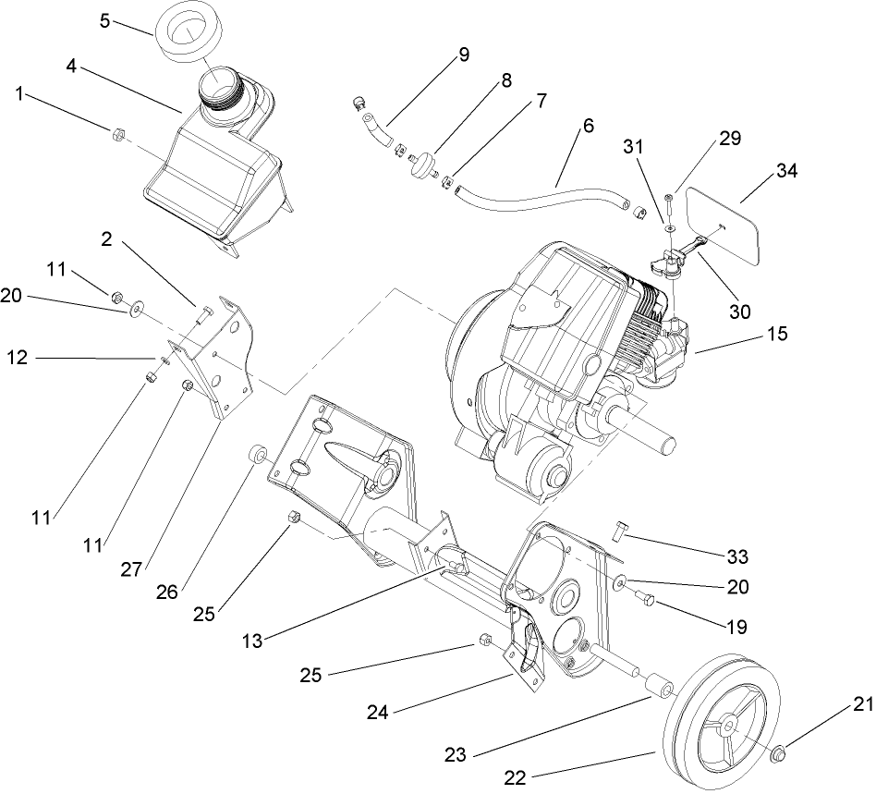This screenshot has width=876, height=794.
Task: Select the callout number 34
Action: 786,171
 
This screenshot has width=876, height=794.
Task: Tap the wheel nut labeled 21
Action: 779,754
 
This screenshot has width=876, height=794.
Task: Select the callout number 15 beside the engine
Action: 777,334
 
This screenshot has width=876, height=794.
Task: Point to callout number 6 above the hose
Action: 589,126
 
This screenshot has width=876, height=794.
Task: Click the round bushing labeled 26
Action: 256,455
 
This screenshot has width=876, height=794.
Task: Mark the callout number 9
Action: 462,55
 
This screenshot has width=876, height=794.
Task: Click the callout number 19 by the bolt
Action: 736,626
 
